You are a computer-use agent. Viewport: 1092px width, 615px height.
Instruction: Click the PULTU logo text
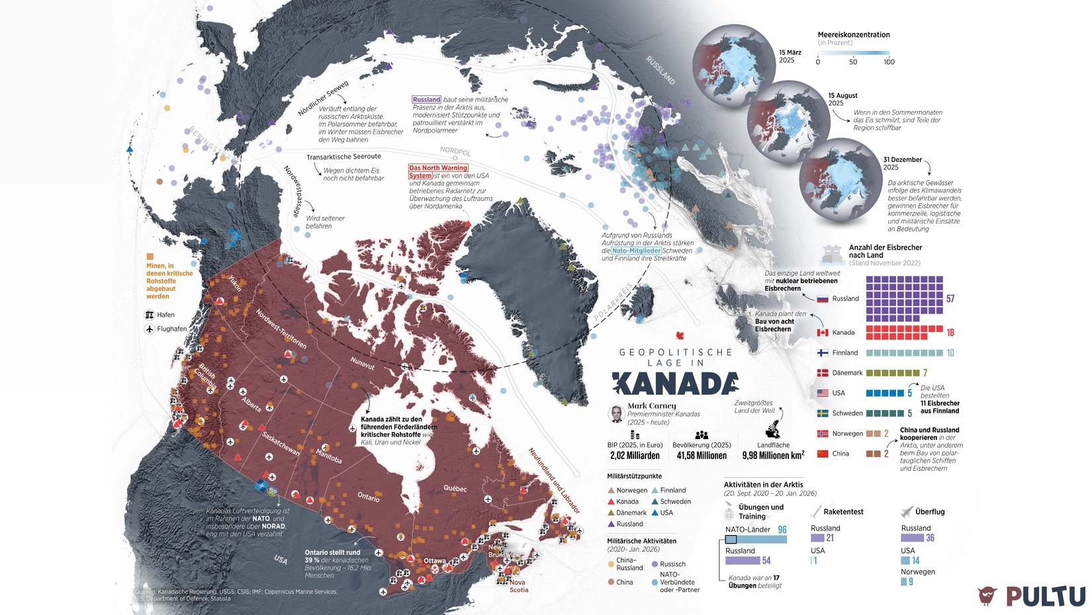coord(1046,595)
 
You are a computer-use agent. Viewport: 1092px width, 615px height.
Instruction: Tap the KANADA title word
coord(675,384)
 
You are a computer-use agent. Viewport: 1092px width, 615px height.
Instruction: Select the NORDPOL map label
coord(455,151)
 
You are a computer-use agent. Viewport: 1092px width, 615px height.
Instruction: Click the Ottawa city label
coord(435,561)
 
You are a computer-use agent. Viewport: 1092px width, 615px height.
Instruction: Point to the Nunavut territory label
coord(363,362)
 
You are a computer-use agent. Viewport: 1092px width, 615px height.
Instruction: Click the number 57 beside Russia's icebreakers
coord(950,299)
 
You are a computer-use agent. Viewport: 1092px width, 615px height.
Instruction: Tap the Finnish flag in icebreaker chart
coord(823,353)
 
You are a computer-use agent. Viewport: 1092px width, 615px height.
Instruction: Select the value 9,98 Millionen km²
coord(773,456)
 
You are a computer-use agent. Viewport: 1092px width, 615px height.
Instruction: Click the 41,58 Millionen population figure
coord(702,456)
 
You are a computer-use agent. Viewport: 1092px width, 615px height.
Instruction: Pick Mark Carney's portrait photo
coord(616,414)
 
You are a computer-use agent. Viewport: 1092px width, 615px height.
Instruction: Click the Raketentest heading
coord(843,512)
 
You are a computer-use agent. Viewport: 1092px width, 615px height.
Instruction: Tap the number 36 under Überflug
coord(930,538)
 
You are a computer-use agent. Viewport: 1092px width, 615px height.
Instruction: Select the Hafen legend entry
coord(165,315)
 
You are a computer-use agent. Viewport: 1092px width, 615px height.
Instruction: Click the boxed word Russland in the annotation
coord(426,100)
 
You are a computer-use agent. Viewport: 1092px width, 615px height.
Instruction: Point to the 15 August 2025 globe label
coord(842,99)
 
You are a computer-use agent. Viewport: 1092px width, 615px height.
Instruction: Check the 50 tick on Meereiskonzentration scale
coord(853,62)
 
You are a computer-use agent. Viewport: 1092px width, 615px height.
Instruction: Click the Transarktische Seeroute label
coord(343,157)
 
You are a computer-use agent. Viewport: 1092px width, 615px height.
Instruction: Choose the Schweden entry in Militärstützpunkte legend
coord(675,502)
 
